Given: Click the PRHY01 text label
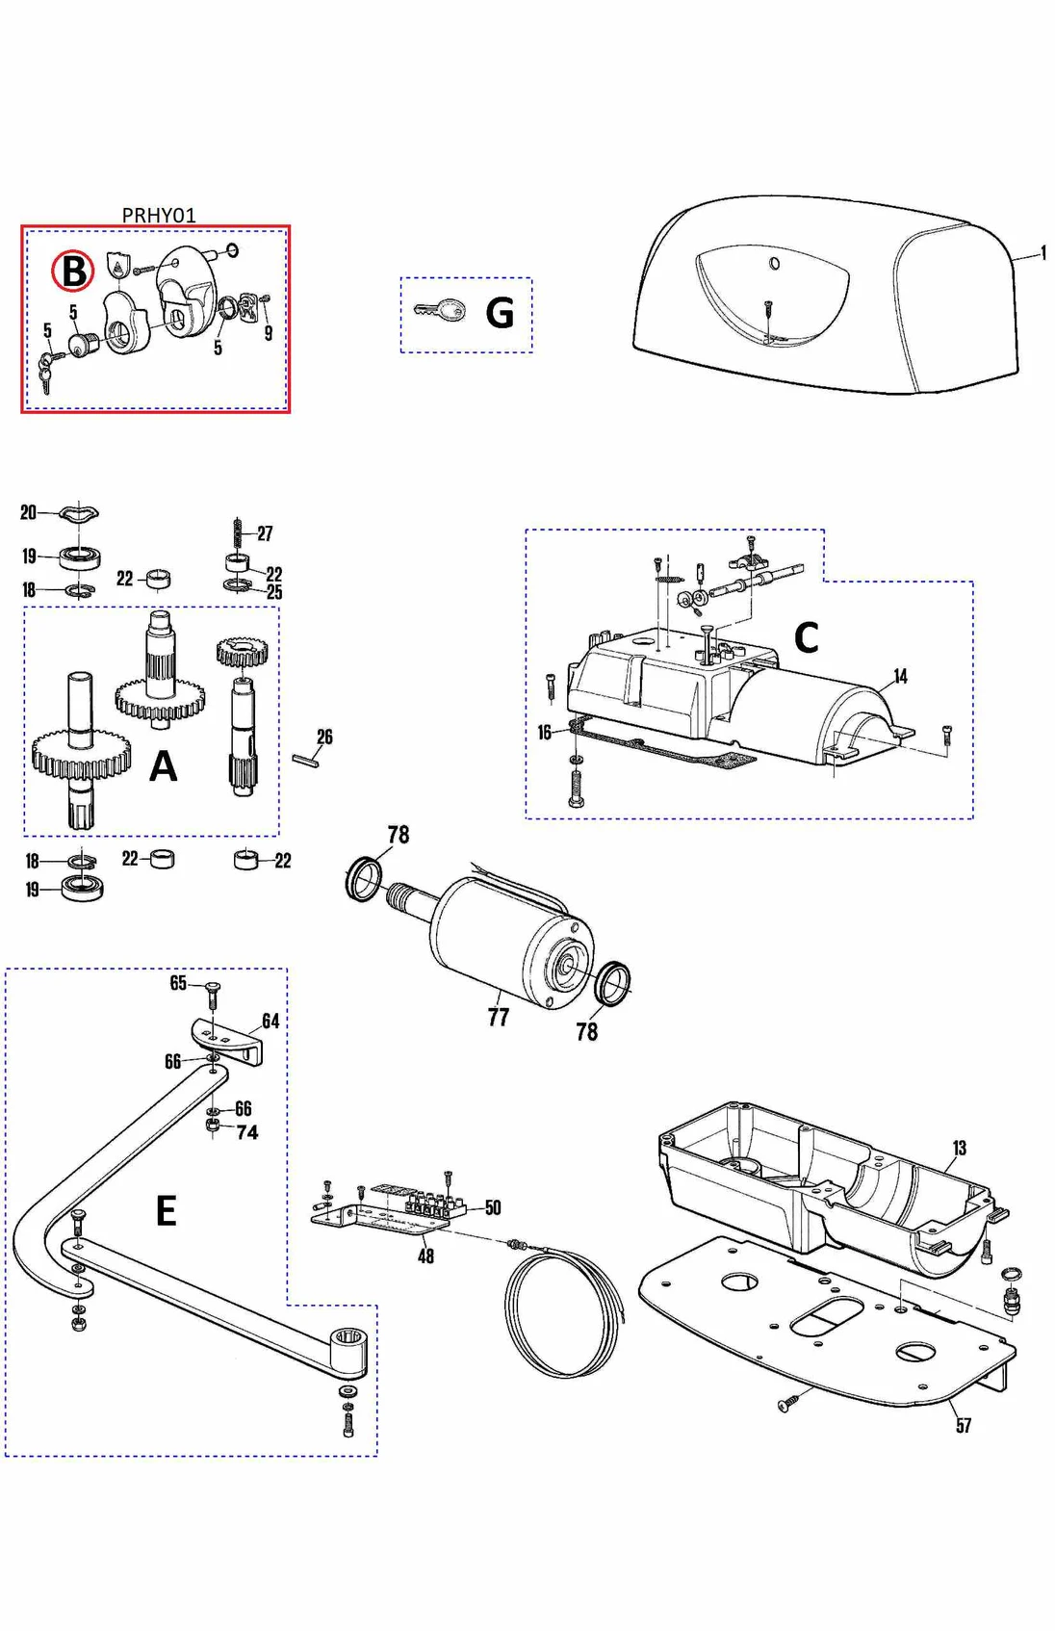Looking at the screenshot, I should [159, 215].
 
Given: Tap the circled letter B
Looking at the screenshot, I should [73, 272].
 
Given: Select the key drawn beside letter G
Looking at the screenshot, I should [440, 310].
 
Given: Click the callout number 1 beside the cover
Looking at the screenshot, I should [1043, 253].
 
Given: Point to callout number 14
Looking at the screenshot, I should [900, 676].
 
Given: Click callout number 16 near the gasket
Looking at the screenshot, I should [544, 733].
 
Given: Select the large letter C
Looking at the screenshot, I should [806, 637].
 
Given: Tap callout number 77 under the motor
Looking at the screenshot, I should [498, 1017].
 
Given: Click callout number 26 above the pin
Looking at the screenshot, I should [324, 737].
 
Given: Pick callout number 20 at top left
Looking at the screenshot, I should [28, 512].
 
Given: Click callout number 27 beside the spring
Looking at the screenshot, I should [265, 532].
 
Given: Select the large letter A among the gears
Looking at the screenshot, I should [164, 766].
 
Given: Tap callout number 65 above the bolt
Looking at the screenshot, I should [178, 982].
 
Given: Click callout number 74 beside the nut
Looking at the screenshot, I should [247, 1132].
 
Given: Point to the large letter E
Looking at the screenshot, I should [166, 1210].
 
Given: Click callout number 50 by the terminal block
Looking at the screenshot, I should [493, 1207].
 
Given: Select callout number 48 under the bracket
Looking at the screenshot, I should [425, 1256].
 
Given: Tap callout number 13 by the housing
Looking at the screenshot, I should [959, 1148].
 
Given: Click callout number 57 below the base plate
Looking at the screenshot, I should [964, 1425].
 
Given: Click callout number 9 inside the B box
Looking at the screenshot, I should [269, 333].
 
